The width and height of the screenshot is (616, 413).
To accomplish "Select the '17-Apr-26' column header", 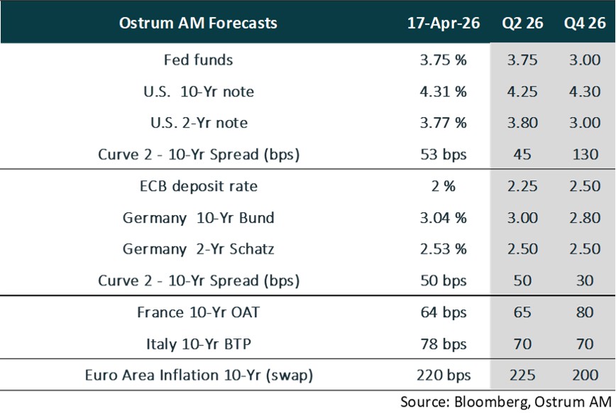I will pyautogui.click(x=443, y=23).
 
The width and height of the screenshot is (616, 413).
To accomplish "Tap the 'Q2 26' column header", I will pyautogui.click(x=523, y=23).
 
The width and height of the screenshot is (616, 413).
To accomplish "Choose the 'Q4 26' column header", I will pyautogui.click(x=584, y=23).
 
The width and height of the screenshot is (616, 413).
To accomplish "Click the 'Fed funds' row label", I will pyautogui.click(x=198, y=60).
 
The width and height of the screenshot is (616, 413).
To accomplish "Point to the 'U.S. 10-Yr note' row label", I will pyautogui.click(x=198, y=91).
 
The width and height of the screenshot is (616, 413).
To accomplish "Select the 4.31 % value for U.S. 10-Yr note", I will pyautogui.click(x=443, y=91).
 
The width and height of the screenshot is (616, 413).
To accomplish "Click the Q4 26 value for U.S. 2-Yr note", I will pyautogui.click(x=584, y=123).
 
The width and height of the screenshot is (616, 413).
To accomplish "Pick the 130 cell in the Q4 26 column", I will pyautogui.click(x=584, y=154).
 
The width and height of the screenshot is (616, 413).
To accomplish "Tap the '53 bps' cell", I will pyautogui.click(x=443, y=154).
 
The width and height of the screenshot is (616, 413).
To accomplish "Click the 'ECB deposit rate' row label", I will pyautogui.click(x=198, y=187).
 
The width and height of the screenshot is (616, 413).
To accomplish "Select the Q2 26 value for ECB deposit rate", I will pyautogui.click(x=523, y=187).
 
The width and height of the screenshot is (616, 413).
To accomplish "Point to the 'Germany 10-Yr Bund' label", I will pyautogui.click(x=198, y=218).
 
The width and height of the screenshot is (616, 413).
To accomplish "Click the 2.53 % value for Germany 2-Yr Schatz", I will pyautogui.click(x=443, y=249).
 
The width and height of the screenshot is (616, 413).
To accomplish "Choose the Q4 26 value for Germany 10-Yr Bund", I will pyautogui.click(x=584, y=218).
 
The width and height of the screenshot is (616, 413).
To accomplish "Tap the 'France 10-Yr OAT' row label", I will pyautogui.click(x=198, y=312).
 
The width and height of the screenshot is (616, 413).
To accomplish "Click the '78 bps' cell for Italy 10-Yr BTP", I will pyautogui.click(x=443, y=343).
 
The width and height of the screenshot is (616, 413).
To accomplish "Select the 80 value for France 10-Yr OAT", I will pyautogui.click(x=584, y=312).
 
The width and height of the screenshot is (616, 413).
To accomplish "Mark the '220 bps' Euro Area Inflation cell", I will pyautogui.click(x=443, y=375).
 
